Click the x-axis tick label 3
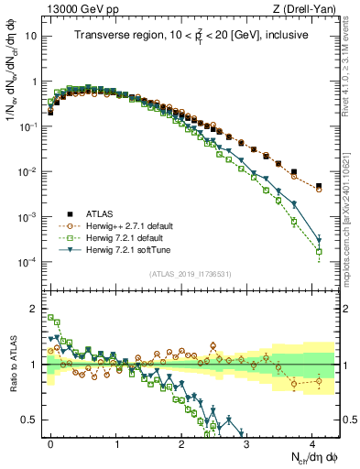pos(246,442)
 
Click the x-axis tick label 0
pos(51,442)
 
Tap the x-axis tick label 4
pos(311,442)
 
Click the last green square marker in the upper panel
pos(319,251)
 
